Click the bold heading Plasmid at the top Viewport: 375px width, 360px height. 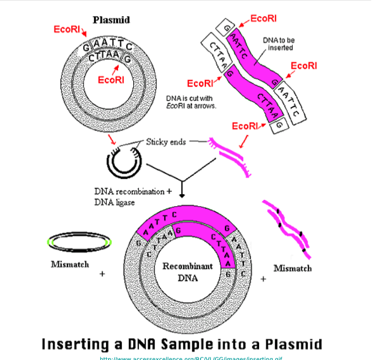(x=111, y=20)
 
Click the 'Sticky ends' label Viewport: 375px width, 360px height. (x=166, y=141)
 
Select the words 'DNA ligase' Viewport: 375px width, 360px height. (x=114, y=202)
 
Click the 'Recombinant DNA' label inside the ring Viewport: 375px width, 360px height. (x=187, y=272)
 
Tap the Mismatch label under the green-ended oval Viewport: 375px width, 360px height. (x=69, y=264)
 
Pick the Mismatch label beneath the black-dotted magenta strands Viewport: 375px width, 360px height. (x=292, y=268)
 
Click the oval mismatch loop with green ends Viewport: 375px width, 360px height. (x=79, y=243)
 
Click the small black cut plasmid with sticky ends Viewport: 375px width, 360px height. (x=123, y=161)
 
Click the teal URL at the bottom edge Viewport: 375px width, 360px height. (x=191, y=358)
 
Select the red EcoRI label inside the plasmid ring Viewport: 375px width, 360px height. (x=111, y=80)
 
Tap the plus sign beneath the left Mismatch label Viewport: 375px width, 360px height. (x=102, y=273)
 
